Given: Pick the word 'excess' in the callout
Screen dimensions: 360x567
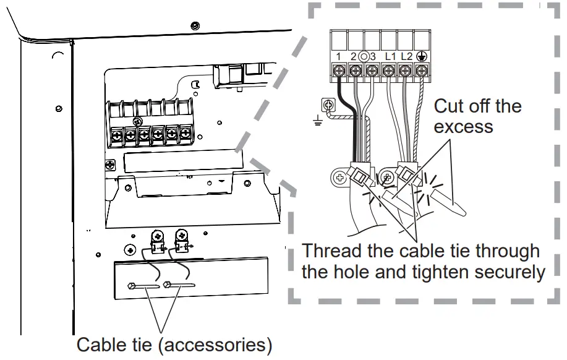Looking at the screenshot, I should (463, 127).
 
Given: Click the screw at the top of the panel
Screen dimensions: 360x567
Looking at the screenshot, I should (195, 25).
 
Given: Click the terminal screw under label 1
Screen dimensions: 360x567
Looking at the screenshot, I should (339, 71).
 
